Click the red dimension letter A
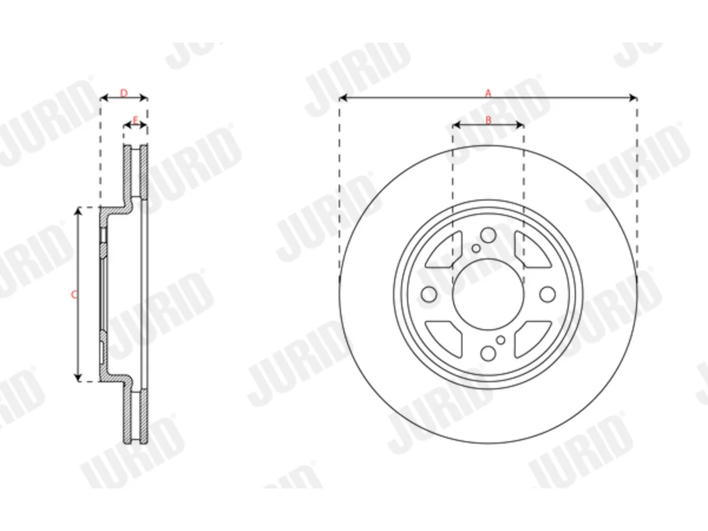pyautogui.click(x=488, y=93)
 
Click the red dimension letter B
pyautogui.click(x=488, y=120)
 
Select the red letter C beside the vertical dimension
pyautogui.click(x=74, y=295)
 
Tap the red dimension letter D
pyautogui.click(x=124, y=93)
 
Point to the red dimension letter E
pyautogui.click(x=136, y=120)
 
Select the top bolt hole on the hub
pyautogui.click(x=488, y=235)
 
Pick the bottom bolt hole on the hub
pyautogui.click(x=488, y=353)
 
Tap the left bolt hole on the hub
pyautogui.click(x=429, y=294)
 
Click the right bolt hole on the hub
pyautogui.click(x=548, y=294)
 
